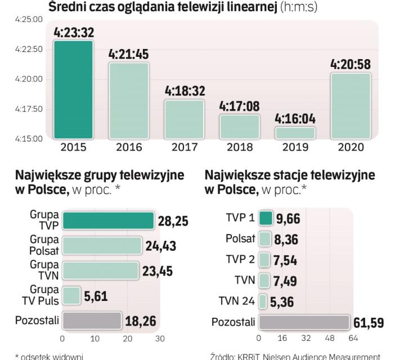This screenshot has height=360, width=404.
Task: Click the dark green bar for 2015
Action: tap(73, 89)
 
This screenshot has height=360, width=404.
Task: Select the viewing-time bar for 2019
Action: tap(295, 133)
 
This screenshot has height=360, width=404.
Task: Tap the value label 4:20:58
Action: tap(350, 64)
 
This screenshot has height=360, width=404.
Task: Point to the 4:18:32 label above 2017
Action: tap(184, 91)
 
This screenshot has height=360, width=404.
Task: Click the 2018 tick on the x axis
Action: tap(239, 147)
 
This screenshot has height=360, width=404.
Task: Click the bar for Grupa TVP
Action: tap(107, 221)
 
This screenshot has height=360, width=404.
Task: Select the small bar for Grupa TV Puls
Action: tap(71, 296)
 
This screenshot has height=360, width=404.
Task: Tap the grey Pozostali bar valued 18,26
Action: tap(92, 321)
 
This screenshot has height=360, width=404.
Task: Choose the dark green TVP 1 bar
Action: tap(266, 218)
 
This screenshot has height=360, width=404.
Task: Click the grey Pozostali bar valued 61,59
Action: tap(304, 322)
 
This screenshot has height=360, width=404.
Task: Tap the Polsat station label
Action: tap(240, 239)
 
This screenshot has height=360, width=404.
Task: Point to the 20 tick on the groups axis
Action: tap(128, 339)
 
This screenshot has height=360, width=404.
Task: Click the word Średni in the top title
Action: tap(68, 7)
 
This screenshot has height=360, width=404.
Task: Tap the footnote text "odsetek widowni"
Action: tap(51, 356)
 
